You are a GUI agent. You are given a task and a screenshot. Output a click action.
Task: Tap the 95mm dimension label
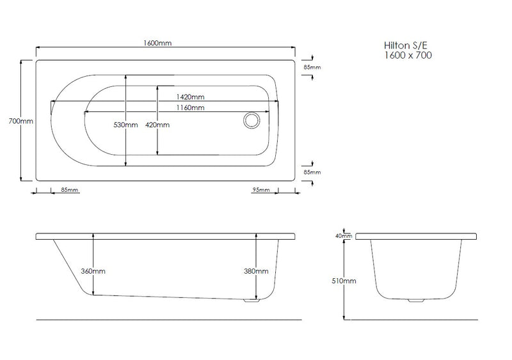point(260,190)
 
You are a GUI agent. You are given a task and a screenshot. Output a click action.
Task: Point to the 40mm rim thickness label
point(344,236)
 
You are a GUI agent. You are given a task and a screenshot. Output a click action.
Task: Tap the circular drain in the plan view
point(250,120)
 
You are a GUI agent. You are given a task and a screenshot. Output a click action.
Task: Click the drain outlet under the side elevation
point(251,301)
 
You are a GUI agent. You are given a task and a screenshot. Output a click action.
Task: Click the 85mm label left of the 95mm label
point(70,190)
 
